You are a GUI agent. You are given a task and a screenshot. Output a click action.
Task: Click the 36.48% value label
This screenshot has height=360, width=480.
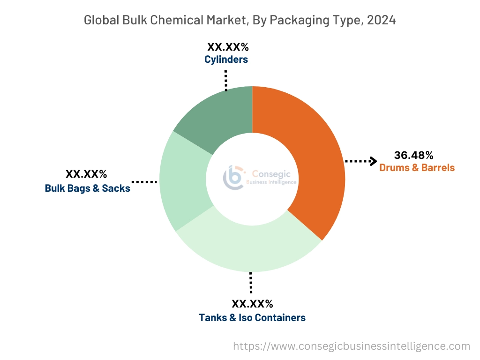click(x=413, y=155)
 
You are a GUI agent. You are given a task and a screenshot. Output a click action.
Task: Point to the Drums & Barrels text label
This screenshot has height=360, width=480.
click(x=417, y=167)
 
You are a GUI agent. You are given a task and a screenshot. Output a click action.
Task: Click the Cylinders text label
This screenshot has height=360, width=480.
click(x=226, y=60)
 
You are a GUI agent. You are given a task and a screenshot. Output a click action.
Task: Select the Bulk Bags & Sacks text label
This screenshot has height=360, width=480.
click(x=88, y=188)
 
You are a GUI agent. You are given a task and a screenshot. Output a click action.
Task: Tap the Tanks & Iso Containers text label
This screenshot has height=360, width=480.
click(x=252, y=317)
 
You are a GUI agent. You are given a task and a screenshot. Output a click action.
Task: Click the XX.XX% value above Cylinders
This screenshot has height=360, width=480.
click(x=227, y=47)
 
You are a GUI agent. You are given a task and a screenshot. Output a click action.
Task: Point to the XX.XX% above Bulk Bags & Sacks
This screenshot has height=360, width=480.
click(x=86, y=174)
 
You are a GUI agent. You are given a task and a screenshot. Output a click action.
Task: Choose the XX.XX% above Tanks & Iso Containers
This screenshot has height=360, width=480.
click(x=252, y=304)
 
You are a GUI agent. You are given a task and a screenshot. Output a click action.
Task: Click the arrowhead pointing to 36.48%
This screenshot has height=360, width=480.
click(x=373, y=161)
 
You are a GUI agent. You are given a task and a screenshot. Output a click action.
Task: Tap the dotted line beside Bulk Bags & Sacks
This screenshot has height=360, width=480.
click(x=144, y=181)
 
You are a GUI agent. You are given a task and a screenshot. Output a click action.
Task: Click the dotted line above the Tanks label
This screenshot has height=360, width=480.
click(x=251, y=282)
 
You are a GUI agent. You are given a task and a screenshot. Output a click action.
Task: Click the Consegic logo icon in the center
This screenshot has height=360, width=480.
click(x=233, y=177)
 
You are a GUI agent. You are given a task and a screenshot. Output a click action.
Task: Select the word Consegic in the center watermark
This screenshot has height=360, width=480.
click(x=271, y=174)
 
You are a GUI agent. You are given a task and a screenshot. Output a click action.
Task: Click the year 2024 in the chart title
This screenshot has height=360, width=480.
click(x=381, y=20)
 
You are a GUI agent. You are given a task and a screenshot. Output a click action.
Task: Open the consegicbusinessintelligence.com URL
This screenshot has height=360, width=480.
click(x=352, y=346)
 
